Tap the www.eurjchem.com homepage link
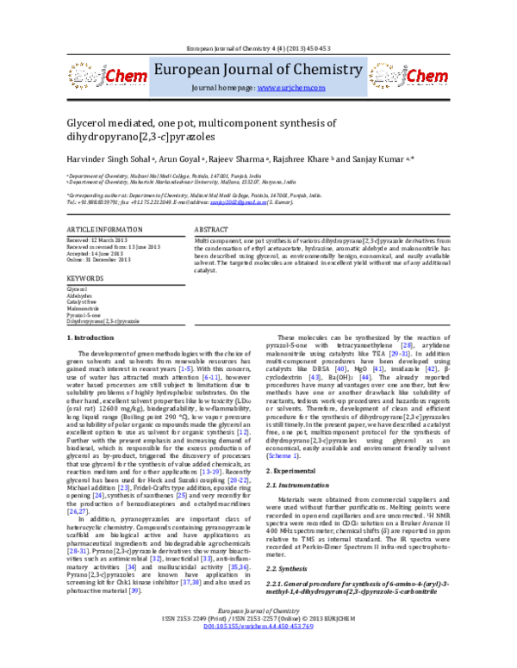(x=289, y=89)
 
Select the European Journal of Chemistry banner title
(x=258, y=70)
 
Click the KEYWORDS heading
(x=84, y=279)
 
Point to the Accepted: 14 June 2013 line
(x=95, y=253)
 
